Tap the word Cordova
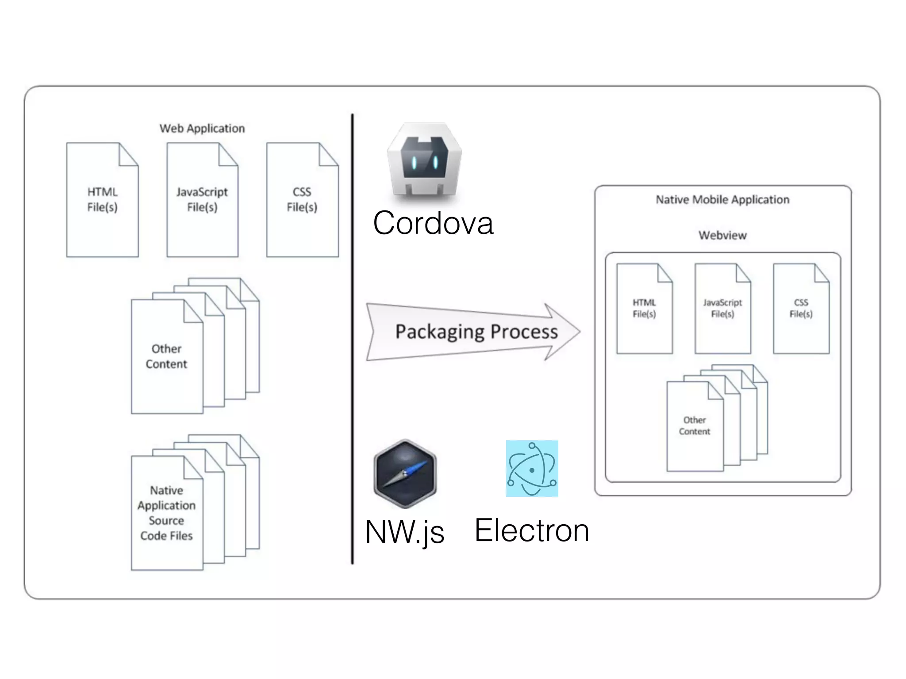click(433, 223)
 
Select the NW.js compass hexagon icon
click(405, 473)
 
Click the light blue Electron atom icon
click(532, 469)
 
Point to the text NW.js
click(404, 531)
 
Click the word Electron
click(531, 530)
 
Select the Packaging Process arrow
click(473, 332)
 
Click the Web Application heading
click(202, 129)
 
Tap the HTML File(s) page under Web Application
click(102, 200)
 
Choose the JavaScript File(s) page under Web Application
click(202, 200)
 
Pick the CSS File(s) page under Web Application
click(302, 200)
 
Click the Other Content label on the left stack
click(166, 356)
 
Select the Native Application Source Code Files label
click(166, 513)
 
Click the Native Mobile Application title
click(722, 200)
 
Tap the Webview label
click(722, 235)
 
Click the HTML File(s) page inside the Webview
click(644, 309)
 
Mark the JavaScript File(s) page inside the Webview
click(722, 309)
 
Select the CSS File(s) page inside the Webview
click(801, 309)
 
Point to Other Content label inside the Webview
click(694, 426)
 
